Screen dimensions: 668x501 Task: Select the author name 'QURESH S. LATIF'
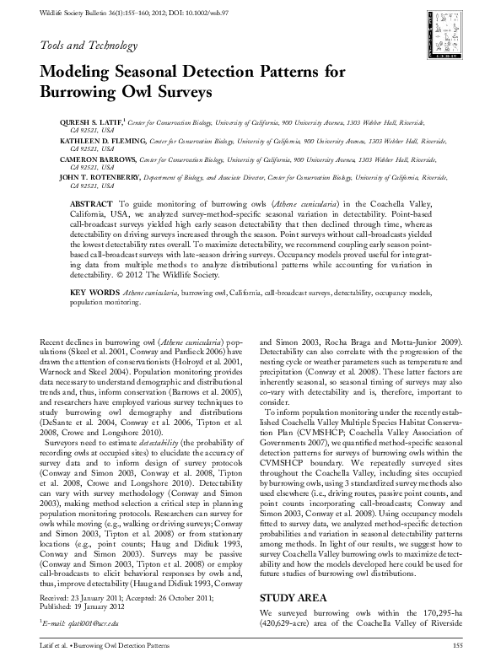click(88, 122)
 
